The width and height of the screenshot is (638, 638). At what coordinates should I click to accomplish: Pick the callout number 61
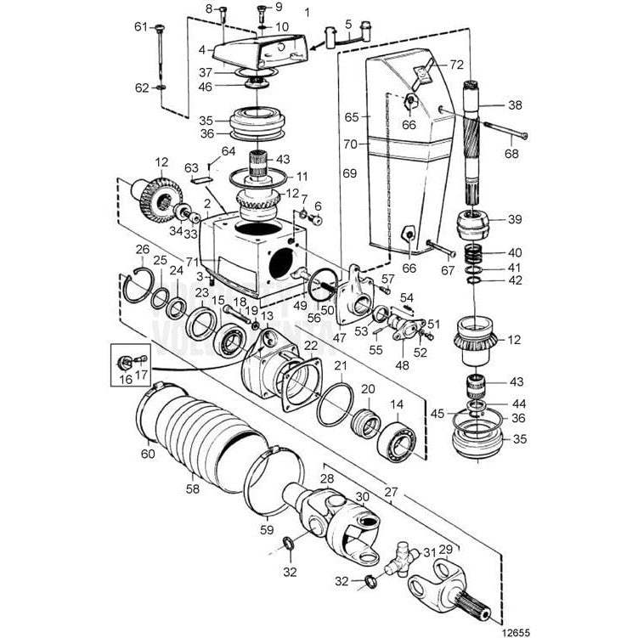point(141,26)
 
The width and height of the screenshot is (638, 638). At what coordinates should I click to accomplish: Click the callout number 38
point(515,106)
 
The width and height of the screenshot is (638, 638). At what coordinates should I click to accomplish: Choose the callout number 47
point(340,337)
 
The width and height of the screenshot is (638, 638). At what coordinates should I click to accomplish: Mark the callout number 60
point(149,455)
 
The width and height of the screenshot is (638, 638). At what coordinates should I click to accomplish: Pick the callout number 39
point(515,218)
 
